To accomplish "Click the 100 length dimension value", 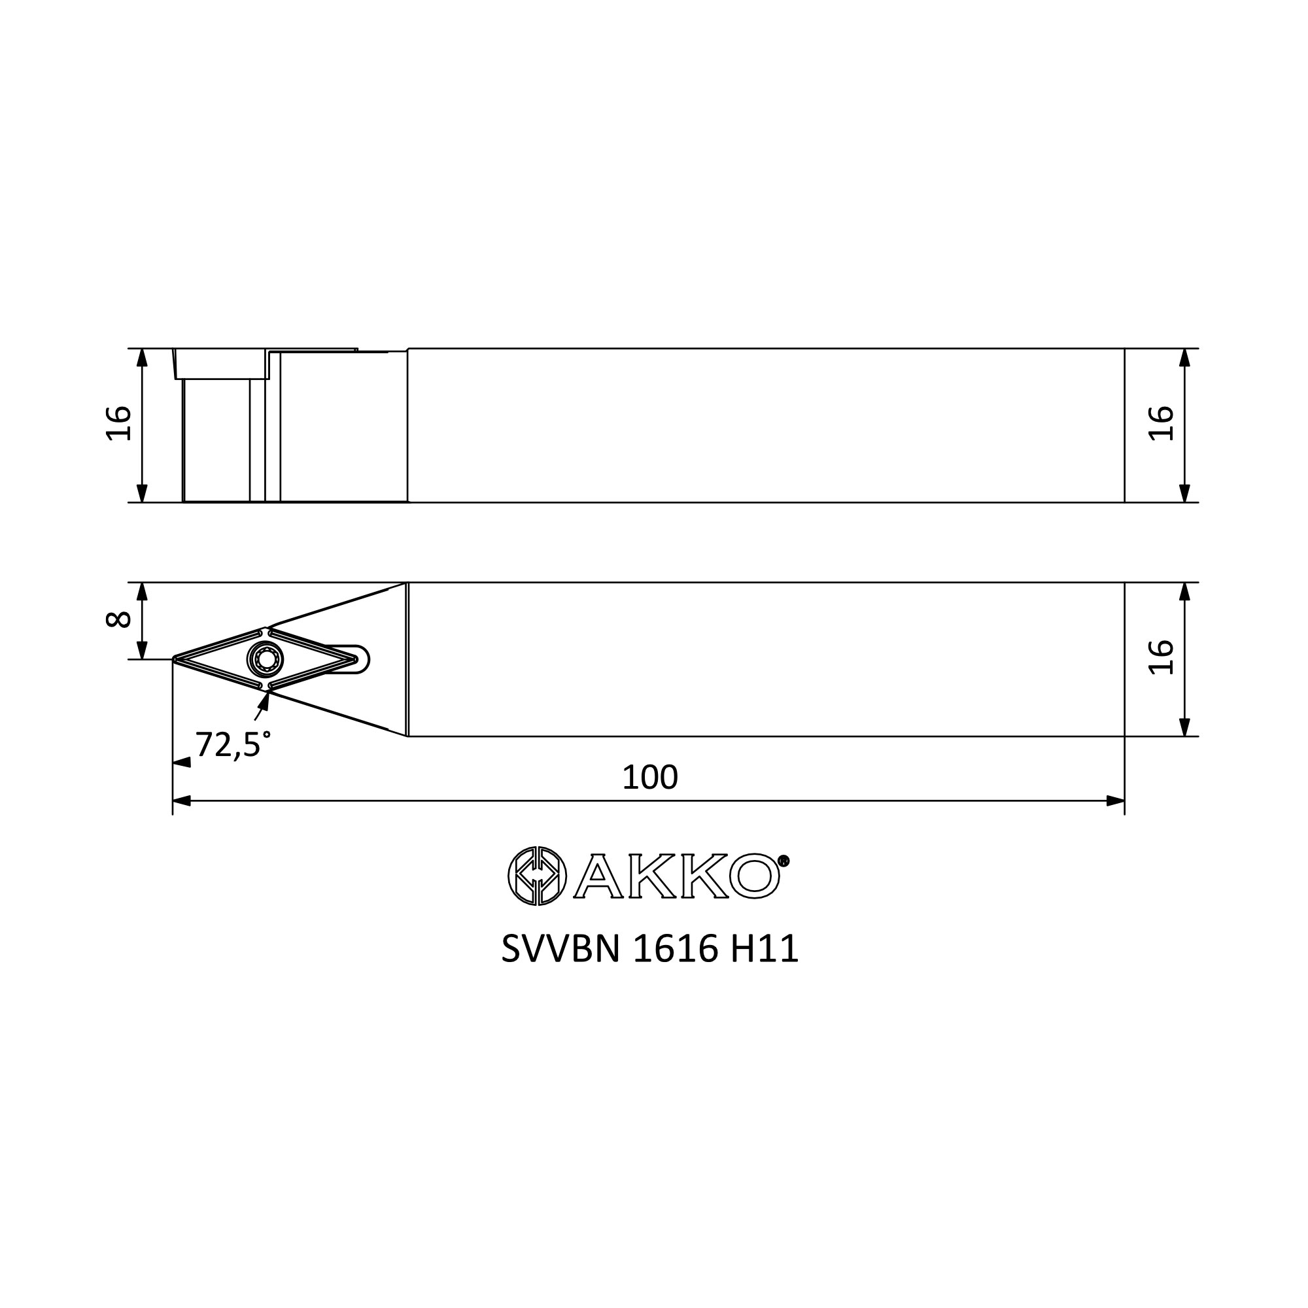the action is [649, 778].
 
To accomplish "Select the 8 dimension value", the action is [119, 619].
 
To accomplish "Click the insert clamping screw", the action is [266, 658].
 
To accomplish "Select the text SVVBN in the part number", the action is [560, 949].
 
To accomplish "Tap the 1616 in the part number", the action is [675, 949].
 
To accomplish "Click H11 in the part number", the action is [765, 949].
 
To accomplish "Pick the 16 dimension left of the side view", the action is [119, 424].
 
